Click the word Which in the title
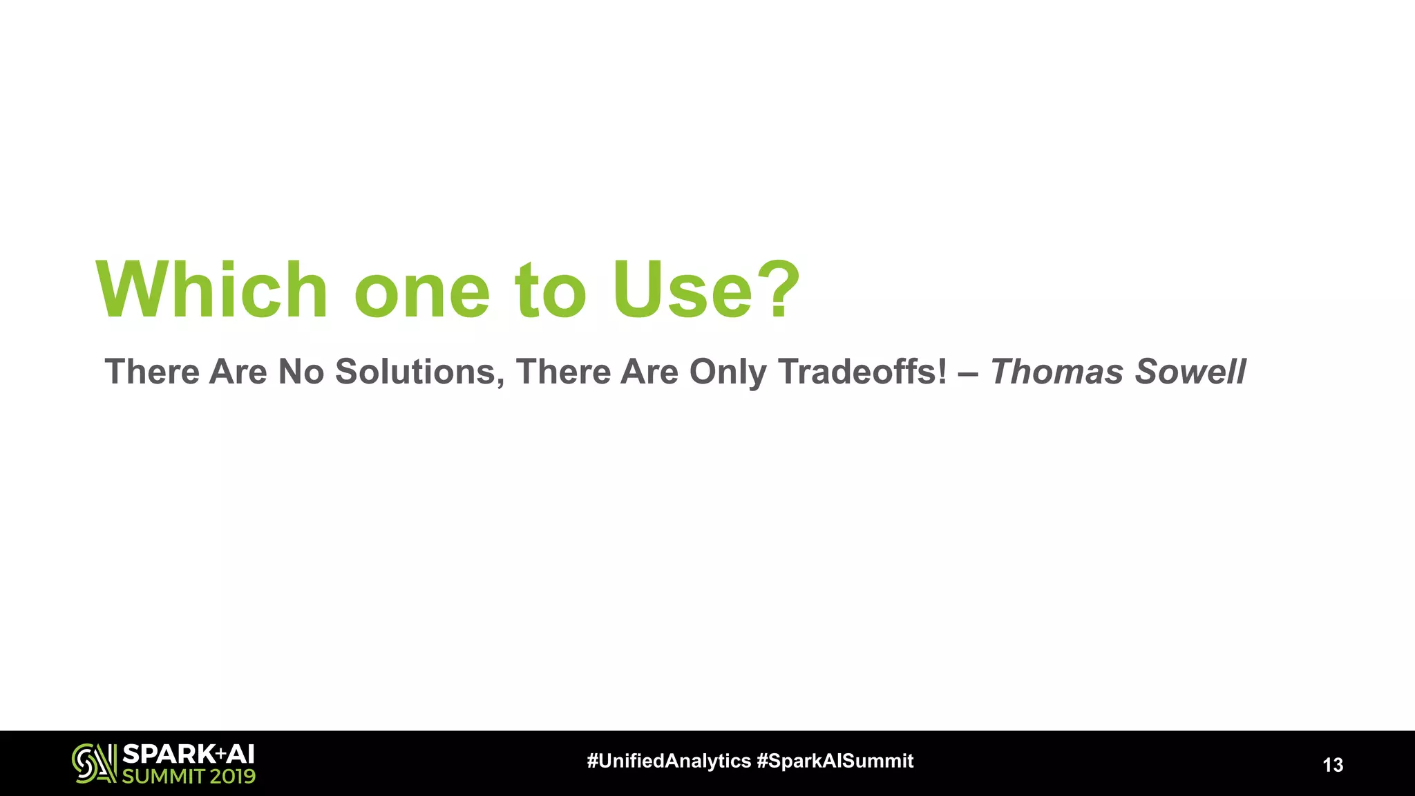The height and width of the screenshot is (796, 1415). (x=211, y=290)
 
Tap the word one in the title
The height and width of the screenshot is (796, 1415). (x=421, y=293)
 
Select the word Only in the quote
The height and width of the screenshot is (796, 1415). (x=728, y=373)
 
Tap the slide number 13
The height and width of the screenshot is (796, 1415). (x=1333, y=765)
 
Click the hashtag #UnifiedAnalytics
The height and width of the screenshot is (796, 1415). (x=668, y=761)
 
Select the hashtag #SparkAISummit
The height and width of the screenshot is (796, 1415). (x=835, y=761)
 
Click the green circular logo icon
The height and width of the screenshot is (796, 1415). (x=94, y=763)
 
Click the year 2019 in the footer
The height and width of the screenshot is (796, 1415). (x=233, y=776)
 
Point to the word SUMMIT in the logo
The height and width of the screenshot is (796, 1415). (x=163, y=776)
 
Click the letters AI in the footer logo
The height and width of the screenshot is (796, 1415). (x=240, y=754)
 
